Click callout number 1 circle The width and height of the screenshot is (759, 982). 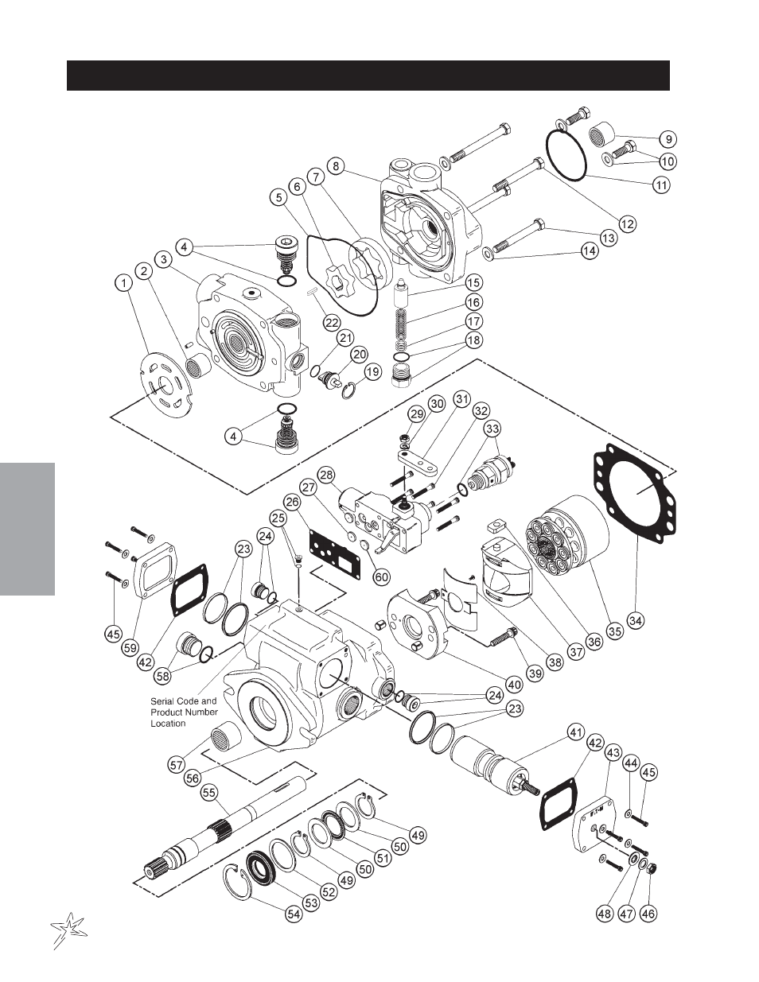click(x=123, y=281)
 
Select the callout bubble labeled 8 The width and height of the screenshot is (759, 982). click(x=337, y=166)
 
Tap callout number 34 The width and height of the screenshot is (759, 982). click(x=635, y=619)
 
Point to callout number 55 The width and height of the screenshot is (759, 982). click(x=209, y=792)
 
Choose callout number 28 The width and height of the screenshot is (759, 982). click(x=326, y=475)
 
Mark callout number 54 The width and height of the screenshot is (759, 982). click(x=294, y=914)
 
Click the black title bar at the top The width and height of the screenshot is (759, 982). click(x=368, y=76)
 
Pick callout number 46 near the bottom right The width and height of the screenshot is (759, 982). click(x=648, y=914)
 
